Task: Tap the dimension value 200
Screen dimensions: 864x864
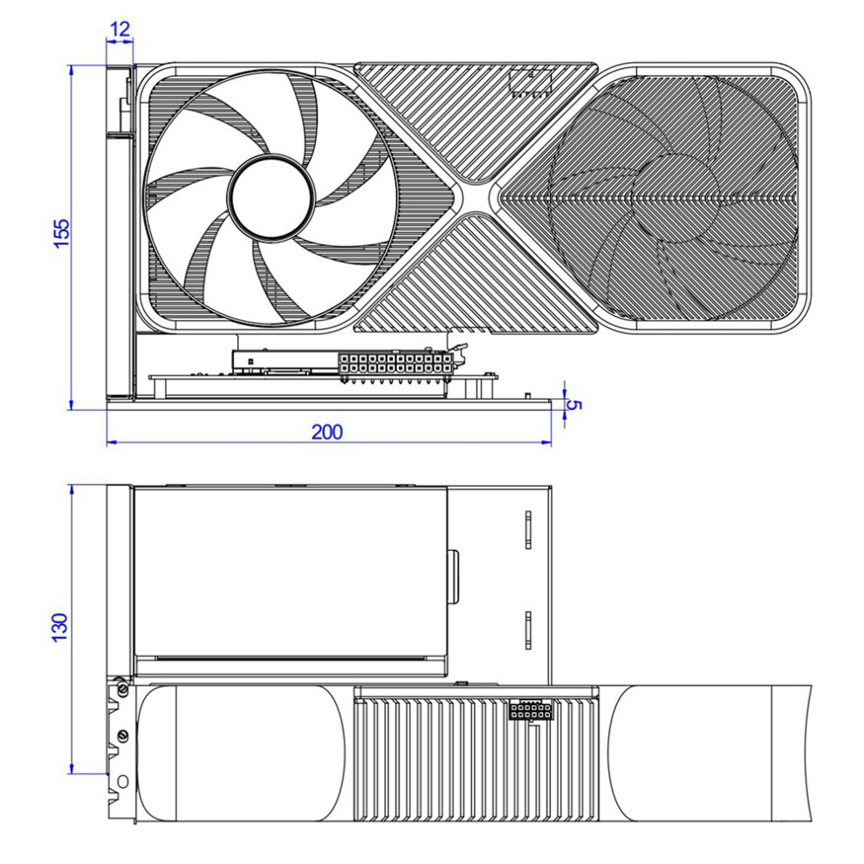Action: point(326,432)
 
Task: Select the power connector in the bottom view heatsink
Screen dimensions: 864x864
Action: point(530,710)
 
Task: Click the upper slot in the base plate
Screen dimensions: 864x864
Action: point(528,530)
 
